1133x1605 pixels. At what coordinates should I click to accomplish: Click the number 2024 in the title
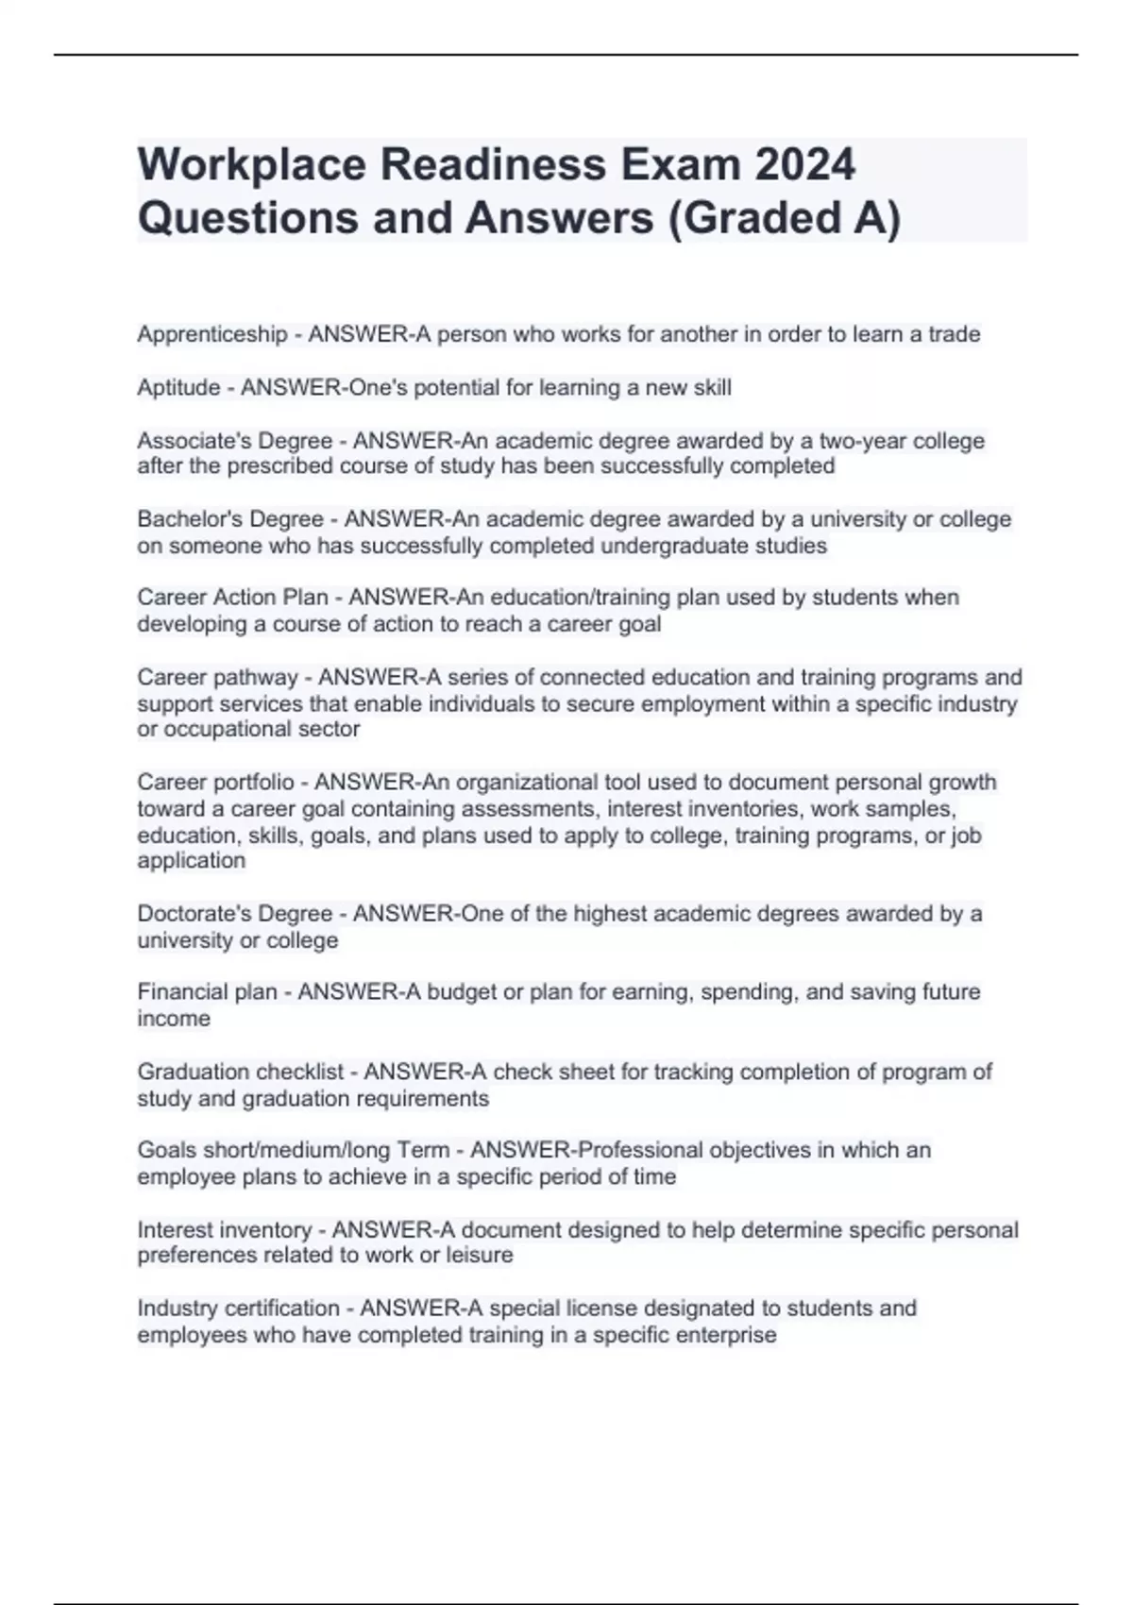tap(804, 164)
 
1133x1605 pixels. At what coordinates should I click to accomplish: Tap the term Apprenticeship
tap(212, 334)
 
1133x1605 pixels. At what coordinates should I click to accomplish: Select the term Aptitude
tap(178, 388)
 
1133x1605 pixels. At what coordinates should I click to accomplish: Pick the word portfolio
tap(254, 783)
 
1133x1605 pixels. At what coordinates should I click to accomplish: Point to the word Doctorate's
tap(194, 914)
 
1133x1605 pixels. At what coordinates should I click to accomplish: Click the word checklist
tap(299, 1072)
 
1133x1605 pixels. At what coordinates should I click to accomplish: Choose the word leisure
tap(480, 1255)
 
